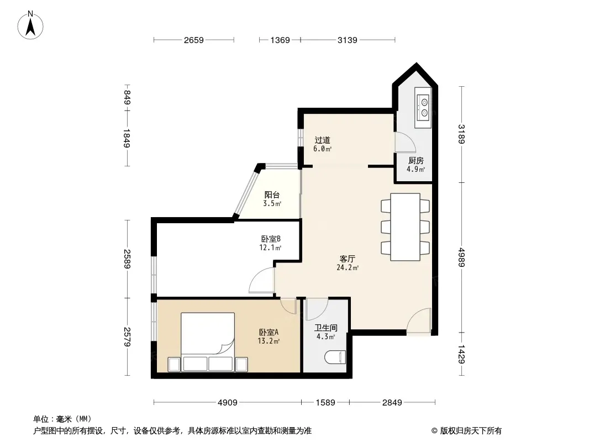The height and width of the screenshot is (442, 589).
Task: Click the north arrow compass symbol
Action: click(x=30, y=25)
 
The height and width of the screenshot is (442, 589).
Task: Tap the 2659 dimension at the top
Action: click(x=194, y=40)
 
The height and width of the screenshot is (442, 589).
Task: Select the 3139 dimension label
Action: click(x=348, y=40)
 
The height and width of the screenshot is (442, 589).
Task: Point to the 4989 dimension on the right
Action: click(x=462, y=257)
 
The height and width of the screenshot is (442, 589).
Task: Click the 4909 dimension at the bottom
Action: click(x=228, y=403)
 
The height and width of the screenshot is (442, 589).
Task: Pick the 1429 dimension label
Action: click(x=462, y=354)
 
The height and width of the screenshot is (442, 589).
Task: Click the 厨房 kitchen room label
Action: click(x=416, y=161)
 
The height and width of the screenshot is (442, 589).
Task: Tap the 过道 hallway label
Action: click(x=322, y=140)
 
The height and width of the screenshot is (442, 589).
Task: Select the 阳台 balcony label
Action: click(x=272, y=195)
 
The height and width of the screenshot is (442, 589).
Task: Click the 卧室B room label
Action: click(x=271, y=239)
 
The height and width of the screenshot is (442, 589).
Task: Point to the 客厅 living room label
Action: click(x=348, y=259)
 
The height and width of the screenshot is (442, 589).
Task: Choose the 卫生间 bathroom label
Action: click(x=325, y=328)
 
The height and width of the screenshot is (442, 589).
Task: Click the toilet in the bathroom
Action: click(x=334, y=357)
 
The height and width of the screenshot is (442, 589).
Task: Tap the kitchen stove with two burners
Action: click(x=424, y=107)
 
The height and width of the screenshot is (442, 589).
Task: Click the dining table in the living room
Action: click(x=406, y=227)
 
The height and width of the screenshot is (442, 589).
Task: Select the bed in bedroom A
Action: click(x=208, y=342)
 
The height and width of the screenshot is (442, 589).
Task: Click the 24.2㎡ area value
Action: click(x=348, y=268)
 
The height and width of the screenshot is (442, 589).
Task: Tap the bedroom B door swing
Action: click(x=262, y=280)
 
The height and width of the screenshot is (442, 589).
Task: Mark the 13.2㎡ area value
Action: click(x=269, y=341)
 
